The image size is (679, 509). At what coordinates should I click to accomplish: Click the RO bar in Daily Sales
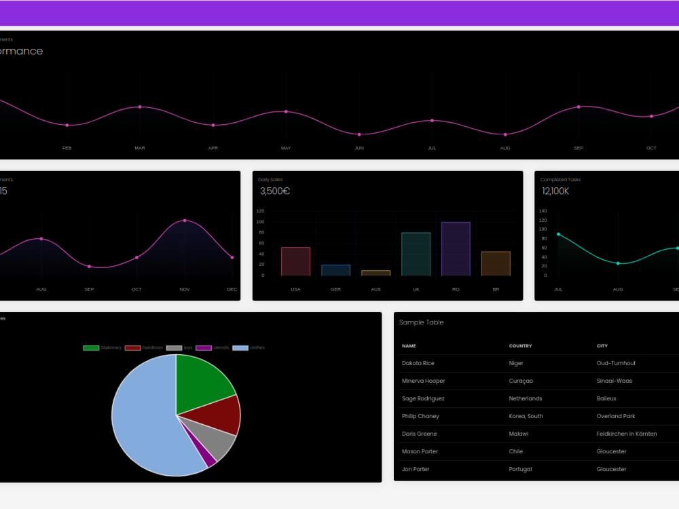click(456, 248)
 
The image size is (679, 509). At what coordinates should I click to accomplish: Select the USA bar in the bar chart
click(295, 261)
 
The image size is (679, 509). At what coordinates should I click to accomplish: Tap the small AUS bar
click(375, 273)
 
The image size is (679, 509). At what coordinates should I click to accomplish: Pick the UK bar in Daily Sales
click(416, 254)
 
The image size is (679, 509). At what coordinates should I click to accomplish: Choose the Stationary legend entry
click(102, 347)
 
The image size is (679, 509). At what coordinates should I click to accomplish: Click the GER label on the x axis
click(335, 289)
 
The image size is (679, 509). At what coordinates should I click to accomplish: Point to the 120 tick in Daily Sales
click(260, 211)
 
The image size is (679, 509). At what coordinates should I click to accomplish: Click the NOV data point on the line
click(185, 221)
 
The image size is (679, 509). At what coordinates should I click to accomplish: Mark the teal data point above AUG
click(618, 263)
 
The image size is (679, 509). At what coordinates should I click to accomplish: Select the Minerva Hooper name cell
click(424, 381)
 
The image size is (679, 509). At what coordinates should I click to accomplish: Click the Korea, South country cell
click(526, 416)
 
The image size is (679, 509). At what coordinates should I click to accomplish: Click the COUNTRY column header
click(521, 346)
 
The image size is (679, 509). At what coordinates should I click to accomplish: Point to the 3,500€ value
click(275, 191)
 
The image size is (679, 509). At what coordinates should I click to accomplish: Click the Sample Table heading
click(422, 322)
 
